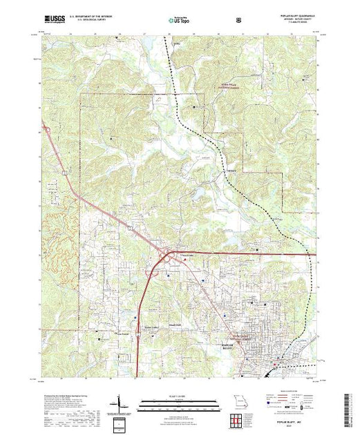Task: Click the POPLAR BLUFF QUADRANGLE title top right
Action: pyautogui.click(x=290, y=16)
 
